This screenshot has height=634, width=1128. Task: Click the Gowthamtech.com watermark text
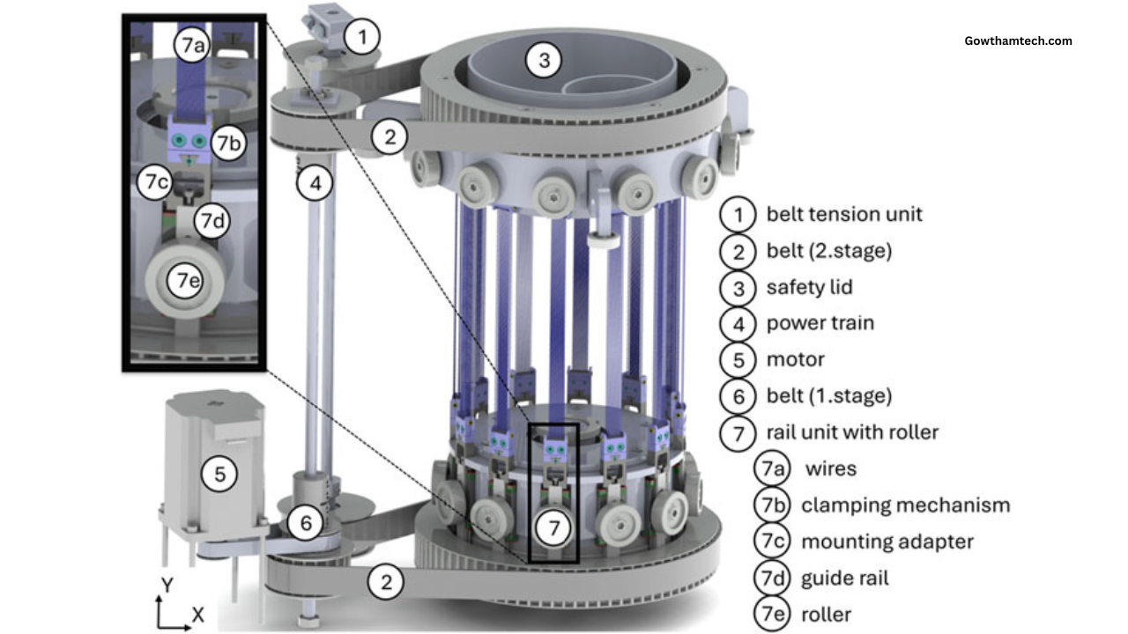coord(1018,41)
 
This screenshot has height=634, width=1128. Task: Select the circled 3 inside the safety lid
coord(544,60)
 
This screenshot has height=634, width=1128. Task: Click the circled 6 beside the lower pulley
coord(306,524)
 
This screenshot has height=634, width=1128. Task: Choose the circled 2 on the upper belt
coord(389,136)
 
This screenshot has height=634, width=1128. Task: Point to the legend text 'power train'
coord(820,323)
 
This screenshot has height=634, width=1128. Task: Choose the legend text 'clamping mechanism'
coord(905,505)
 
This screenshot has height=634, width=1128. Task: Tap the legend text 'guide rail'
coord(844,578)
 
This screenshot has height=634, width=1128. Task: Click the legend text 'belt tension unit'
coord(844,214)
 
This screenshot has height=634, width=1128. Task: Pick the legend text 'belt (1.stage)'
coord(828,395)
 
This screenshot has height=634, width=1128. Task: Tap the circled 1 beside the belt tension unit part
coord(363,37)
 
